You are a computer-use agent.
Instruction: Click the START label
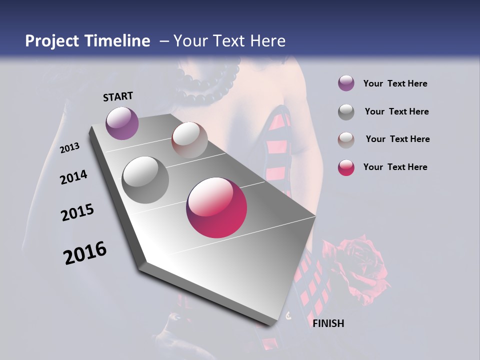[118, 96]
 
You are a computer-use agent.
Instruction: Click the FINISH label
[328, 323]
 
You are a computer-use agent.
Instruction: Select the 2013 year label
[70, 147]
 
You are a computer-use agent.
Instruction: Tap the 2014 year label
[73, 177]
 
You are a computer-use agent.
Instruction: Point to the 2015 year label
[77, 212]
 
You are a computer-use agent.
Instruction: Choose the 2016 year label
[85, 252]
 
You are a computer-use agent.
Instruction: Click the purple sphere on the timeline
[122, 123]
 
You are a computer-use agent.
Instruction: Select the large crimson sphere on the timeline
[216, 207]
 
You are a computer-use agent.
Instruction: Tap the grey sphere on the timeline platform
[145, 179]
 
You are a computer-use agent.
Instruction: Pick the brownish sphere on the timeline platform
[189, 139]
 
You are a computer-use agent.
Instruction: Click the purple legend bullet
[346, 83]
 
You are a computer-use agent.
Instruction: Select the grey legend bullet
[346, 112]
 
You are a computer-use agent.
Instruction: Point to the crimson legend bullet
[346, 167]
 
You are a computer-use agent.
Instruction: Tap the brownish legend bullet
[346, 139]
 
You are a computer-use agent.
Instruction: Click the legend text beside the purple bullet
[395, 83]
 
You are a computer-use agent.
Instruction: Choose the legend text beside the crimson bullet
[395, 167]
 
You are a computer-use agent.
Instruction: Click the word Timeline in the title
[114, 41]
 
